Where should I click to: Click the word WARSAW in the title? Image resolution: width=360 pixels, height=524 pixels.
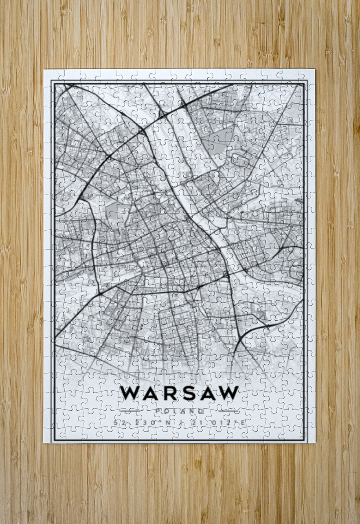coord(179,393)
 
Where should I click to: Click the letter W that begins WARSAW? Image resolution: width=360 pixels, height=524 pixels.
coord(130,393)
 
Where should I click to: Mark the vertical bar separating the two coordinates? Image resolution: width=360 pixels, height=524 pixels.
coord(180,423)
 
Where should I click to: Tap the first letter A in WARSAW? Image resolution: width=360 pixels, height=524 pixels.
coord(150,393)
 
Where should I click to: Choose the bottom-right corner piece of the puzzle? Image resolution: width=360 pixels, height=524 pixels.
coord(308,436)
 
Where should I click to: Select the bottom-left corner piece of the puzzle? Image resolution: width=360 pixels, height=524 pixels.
coord(50,436)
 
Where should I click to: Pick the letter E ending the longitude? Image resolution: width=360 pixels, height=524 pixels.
coord(243,423)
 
